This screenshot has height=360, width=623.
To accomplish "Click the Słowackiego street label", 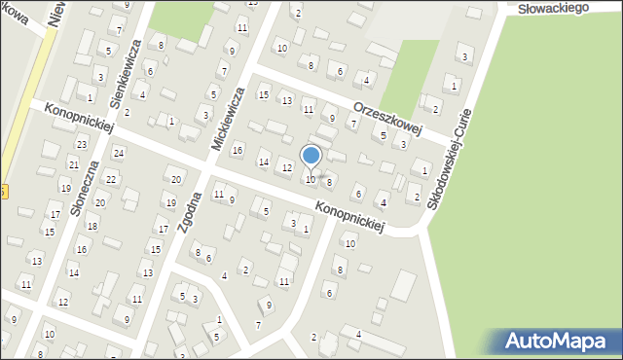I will click(x=557, y=8).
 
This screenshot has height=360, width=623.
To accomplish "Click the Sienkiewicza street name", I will click(x=128, y=72).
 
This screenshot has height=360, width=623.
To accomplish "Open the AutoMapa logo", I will click(x=558, y=341).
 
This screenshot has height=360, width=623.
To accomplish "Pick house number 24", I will click(x=119, y=153).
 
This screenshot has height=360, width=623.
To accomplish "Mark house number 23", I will click(x=82, y=144).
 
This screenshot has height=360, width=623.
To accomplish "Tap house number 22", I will click(x=111, y=179).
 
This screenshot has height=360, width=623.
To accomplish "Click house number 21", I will click(x=73, y=165).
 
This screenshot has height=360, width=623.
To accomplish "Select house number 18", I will click(x=92, y=226).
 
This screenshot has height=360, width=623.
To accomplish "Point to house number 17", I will click(x=163, y=229).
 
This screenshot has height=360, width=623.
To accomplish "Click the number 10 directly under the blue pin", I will click(x=311, y=179).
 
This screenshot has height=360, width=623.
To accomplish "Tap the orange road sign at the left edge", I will click(x=4, y=191).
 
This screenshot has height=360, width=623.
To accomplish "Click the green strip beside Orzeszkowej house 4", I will click(x=409, y=73).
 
